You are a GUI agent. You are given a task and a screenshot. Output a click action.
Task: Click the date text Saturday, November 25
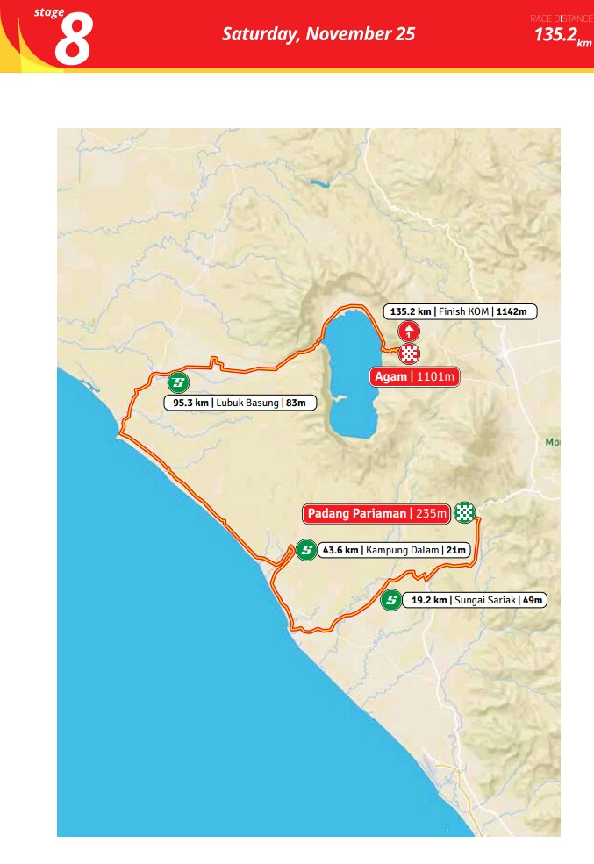coord(318,34)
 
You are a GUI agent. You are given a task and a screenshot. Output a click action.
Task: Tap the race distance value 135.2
coord(555,35)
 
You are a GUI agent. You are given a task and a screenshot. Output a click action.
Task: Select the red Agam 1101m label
coord(414,377)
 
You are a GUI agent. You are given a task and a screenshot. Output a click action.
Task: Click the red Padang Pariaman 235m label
coord(376,513)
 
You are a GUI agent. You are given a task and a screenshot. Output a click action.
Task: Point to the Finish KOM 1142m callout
coord(460,311)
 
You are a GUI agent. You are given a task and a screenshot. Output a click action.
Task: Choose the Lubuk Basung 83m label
coord(240,403)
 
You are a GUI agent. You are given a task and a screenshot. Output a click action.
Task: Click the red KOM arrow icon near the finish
coord(409,332)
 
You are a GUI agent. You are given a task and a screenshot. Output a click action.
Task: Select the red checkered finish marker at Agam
coord(410,354)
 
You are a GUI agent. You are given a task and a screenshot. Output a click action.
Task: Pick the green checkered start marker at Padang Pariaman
coord(465,513)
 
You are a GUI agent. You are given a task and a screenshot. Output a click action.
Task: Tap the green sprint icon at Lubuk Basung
coord(178,383)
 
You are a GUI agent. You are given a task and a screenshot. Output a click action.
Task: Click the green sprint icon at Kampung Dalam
coord(305,550)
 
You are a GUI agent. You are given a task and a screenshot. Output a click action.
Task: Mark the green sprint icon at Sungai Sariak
coord(391,600)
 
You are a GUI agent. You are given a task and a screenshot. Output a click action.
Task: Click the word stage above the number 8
coord(49,12)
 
